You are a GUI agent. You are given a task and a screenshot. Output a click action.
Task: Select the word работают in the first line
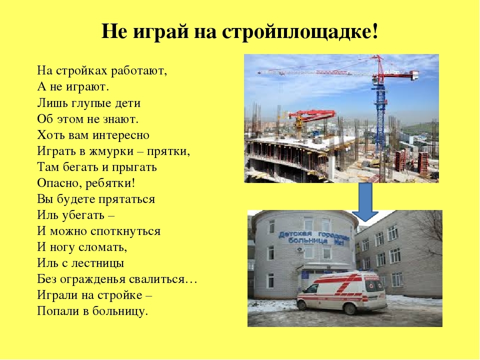point(139,70)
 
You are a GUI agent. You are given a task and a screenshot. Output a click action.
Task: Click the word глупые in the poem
point(91,103)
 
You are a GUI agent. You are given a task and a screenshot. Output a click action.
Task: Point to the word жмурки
point(111,151)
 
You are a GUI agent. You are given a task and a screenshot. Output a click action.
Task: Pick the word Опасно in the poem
point(59,183)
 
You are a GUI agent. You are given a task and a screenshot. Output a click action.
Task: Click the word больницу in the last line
point(120,311)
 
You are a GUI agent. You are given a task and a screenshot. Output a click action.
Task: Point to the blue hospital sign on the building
point(314,238)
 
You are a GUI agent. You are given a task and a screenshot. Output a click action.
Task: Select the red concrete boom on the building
point(311,115)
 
